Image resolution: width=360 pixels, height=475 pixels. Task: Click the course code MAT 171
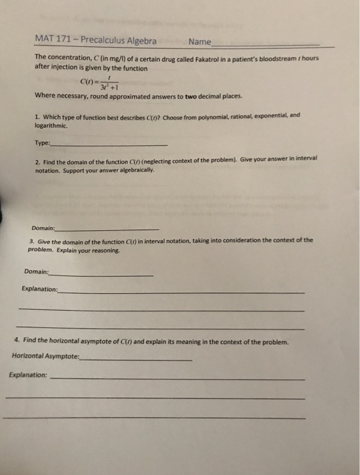click(52, 41)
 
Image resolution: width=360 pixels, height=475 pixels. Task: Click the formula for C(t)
click(101, 84)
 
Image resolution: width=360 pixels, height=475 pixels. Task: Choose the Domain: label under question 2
click(45, 228)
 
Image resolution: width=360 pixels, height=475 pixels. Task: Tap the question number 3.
click(32, 241)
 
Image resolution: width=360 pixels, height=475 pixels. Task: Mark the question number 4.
click(16, 341)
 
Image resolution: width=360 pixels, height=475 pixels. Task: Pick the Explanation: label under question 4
click(28, 375)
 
